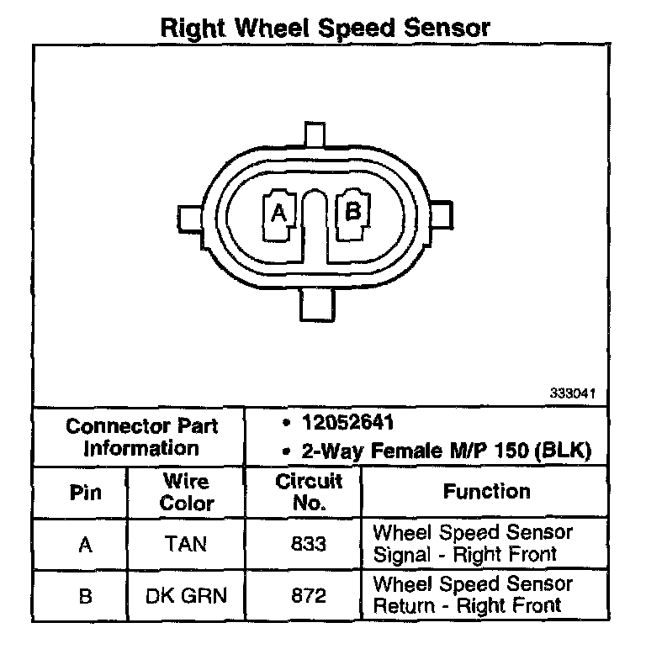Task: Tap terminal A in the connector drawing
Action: (x=278, y=214)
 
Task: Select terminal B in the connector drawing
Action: (x=353, y=211)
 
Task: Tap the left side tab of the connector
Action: (x=188, y=216)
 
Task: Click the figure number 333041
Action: (x=573, y=393)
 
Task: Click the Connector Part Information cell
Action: (x=141, y=436)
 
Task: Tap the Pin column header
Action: (x=84, y=493)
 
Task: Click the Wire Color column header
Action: (x=187, y=493)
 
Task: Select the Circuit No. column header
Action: (x=309, y=493)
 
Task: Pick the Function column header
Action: (x=486, y=492)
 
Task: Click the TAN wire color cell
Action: (x=187, y=544)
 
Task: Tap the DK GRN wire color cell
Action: (x=187, y=595)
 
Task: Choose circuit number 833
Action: (x=309, y=544)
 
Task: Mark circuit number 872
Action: (x=309, y=595)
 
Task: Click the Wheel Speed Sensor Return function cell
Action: (x=472, y=594)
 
